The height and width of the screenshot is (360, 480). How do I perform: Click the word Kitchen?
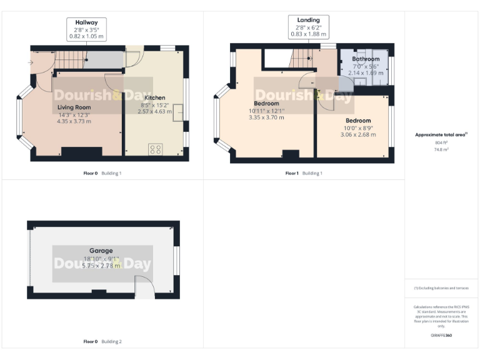[x=154, y=98]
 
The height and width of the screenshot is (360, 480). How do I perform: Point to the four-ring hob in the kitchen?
[x=156, y=149]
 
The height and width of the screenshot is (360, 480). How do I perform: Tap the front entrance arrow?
[x=31, y=62]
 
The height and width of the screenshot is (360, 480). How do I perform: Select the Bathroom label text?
[x=365, y=59]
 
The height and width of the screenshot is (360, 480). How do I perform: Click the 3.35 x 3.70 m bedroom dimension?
[x=266, y=117]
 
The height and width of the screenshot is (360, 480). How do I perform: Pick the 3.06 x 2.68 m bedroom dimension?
[x=358, y=134]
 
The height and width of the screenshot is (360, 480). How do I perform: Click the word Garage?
[x=101, y=250]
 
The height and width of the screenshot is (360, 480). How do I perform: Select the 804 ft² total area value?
[x=442, y=143]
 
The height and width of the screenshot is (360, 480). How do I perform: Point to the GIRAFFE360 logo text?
[x=441, y=336]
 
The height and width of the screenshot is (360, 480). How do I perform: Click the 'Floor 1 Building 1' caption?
[x=304, y=173]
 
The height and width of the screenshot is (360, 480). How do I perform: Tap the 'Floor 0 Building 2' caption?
[x=102, y=342]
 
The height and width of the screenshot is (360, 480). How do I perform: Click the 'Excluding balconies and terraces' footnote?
[x=441, y=288]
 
